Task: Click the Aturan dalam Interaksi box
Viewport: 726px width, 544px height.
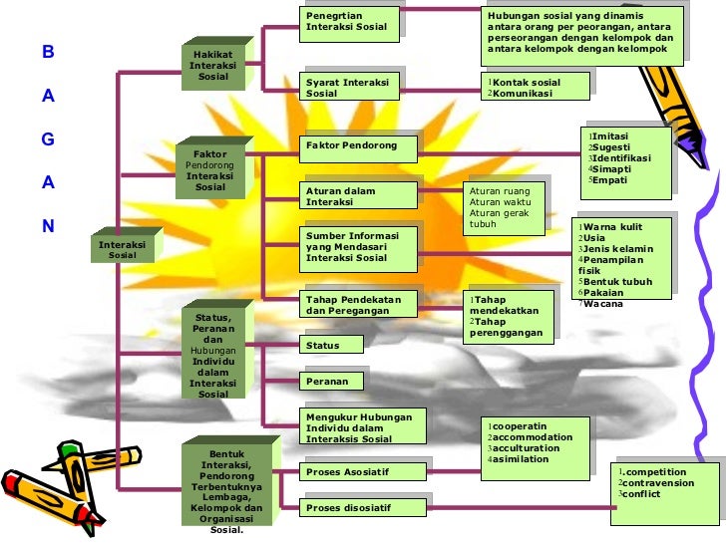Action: click(359, 195)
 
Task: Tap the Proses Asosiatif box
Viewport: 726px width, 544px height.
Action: click(363, 471)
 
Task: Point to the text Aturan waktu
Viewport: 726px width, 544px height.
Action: click(498, 202)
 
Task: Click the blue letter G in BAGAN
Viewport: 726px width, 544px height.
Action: click(47, 139)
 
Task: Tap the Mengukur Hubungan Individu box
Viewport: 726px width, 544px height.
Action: click(362, 426)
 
